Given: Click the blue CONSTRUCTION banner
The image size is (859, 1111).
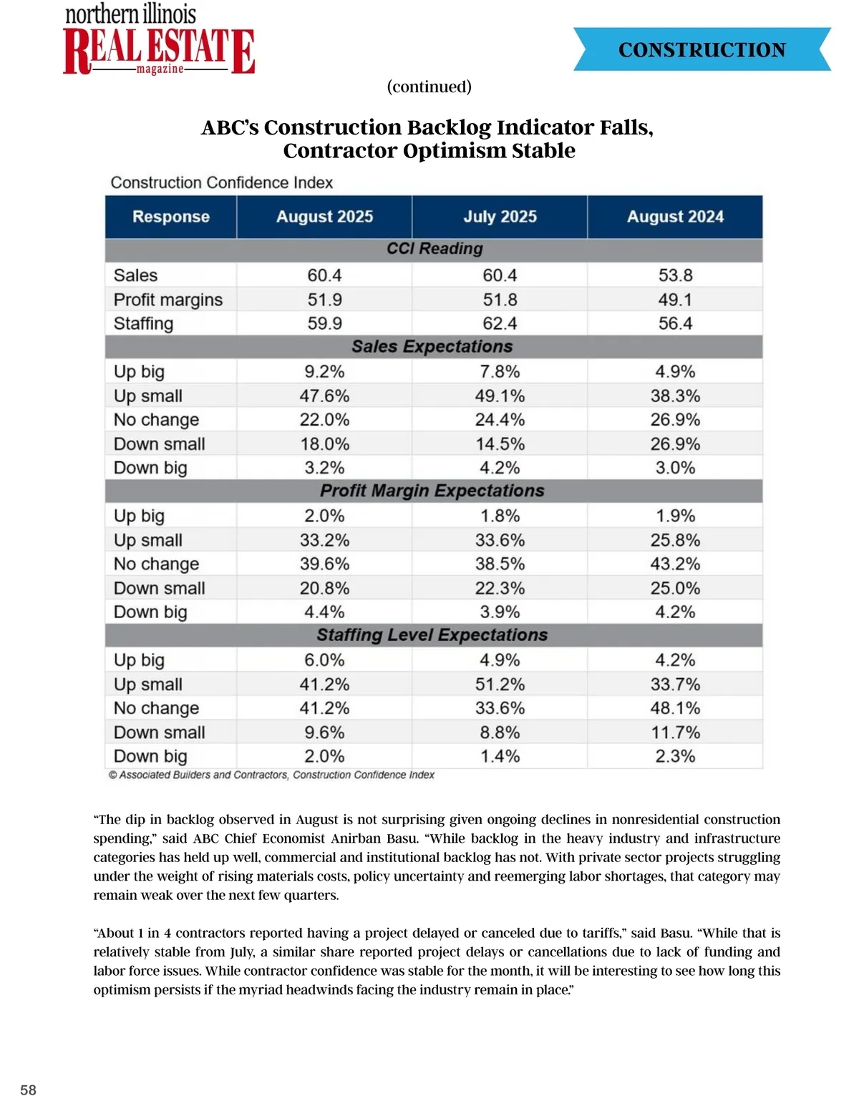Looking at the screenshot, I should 702,49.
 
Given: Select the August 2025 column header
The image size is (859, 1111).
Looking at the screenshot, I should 324,217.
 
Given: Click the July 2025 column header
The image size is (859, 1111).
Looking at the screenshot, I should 500,217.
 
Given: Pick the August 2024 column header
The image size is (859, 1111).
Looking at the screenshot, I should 675,217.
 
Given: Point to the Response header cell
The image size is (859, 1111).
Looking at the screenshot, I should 171,217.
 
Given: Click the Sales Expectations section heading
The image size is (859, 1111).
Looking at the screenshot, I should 432,346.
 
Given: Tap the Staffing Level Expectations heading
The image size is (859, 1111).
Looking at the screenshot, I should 432,635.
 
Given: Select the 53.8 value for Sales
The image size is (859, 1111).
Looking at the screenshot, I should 675,275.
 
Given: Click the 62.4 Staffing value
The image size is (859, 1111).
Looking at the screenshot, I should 500,323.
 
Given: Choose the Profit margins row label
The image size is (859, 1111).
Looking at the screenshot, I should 168,300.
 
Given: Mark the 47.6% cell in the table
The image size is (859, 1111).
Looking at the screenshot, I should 324,396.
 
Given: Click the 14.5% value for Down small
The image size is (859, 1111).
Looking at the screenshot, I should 500,444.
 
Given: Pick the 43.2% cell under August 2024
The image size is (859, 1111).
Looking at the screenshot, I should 675,564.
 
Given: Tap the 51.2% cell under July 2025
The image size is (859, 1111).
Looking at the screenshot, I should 500,684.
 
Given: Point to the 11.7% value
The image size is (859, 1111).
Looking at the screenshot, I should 675,732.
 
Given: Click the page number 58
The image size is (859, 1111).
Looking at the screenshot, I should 28,1090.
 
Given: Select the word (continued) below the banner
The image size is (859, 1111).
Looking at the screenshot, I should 429,87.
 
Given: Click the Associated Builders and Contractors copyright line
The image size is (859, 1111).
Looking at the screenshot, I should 272,775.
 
